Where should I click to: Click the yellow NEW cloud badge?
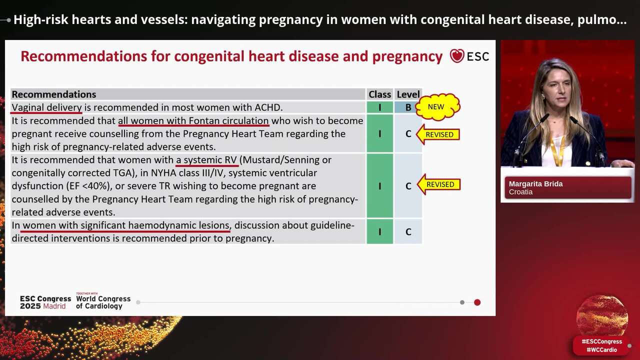click(436, 106)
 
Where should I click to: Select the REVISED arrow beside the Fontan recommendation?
click(438, 134)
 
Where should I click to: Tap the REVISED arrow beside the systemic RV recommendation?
click(438, 184)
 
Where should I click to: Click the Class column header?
click(379, 94)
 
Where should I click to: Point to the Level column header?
click(408, 94)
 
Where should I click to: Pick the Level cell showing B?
click(408, 107)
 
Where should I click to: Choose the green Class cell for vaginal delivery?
click(379, 107)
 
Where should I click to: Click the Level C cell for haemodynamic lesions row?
click(408, 231)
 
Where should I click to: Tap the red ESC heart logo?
click(456, 56)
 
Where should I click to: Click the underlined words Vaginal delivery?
click(47, 107)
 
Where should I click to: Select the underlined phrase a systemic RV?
click(206, 160)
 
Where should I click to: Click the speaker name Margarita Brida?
click(535, 184)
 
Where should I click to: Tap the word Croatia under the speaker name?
click(520, 192)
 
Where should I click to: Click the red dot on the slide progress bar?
click(477, 302)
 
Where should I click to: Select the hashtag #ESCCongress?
click(601, 341)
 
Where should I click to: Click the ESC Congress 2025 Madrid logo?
click(45, 302)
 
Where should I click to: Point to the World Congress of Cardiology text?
click(103, 302)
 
